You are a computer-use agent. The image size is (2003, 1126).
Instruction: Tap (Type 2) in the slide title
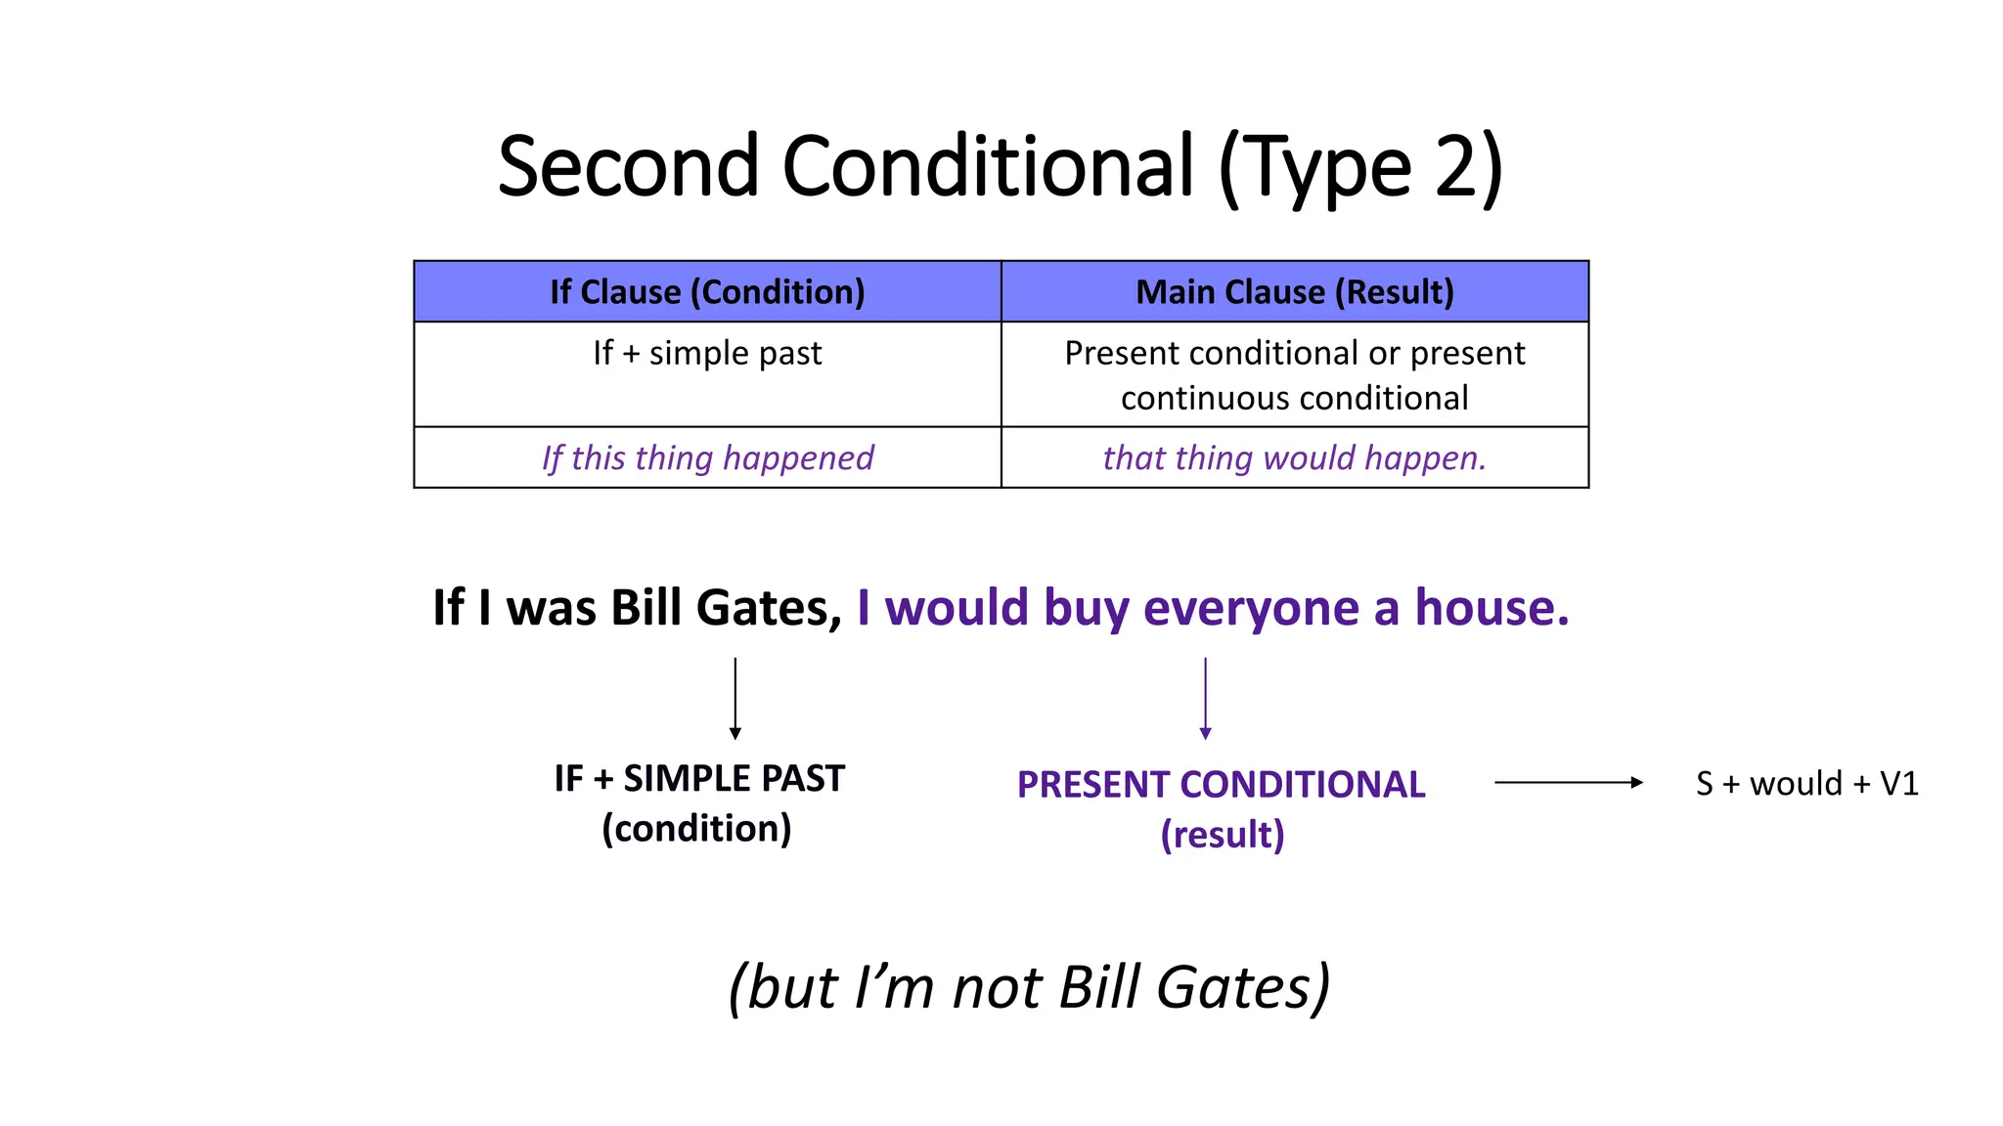coord(1359,168)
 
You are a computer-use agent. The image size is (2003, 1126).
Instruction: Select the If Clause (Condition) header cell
coord(707,291)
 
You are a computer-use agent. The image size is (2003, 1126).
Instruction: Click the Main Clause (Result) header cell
coord(1294,291)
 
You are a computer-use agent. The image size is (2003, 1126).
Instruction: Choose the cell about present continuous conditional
coord(1294,375)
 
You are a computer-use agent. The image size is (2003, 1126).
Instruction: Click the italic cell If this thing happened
coord(707,457)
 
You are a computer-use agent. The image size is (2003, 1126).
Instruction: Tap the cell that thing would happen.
coord(1294,457)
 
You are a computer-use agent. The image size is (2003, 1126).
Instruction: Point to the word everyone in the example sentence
coord(1251,608)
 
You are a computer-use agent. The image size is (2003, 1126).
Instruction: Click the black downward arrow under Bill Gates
coord(735,698)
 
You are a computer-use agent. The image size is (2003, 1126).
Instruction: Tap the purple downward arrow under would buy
coord(1205,698)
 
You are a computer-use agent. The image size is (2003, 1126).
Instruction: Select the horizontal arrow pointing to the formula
coord(1568,782)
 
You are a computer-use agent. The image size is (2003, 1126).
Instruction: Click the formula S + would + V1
coord(1806,784)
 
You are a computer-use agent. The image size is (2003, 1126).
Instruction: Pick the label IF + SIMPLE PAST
coord(698,779)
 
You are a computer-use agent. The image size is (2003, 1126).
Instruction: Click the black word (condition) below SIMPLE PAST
coord(696,829)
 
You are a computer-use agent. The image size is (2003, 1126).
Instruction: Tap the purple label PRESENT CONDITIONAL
coord(1221,785)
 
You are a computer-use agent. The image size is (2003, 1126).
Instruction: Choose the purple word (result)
coord(1222,835)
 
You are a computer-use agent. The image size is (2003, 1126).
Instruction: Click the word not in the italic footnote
coord(999,987)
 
